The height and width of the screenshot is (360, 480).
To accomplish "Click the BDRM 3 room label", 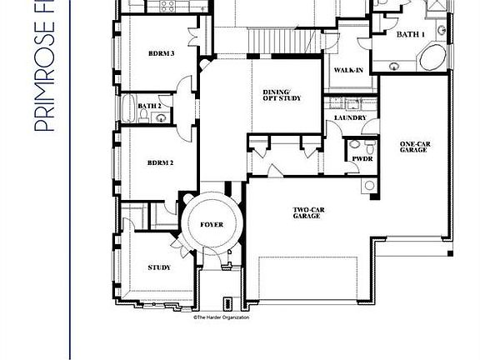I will pos(161,53).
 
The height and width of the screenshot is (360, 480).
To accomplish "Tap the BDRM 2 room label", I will pos(161,162).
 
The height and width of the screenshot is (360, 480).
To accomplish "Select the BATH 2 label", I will pos(149,106).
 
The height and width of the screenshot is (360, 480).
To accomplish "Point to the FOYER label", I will pos(212,225).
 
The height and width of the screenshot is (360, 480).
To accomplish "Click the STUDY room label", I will pos(159,267).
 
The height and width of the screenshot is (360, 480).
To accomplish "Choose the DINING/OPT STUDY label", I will pos(282,95).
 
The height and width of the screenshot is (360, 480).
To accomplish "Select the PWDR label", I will pos(362,157).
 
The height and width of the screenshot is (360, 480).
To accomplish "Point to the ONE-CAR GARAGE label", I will pos(413,147).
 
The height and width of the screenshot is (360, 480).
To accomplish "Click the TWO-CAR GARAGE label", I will pos(307,212).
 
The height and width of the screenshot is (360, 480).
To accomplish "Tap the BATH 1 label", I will pos(409,35).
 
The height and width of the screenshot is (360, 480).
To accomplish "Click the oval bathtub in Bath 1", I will pos(431,58).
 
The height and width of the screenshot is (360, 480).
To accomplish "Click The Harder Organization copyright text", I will pos(221,317).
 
